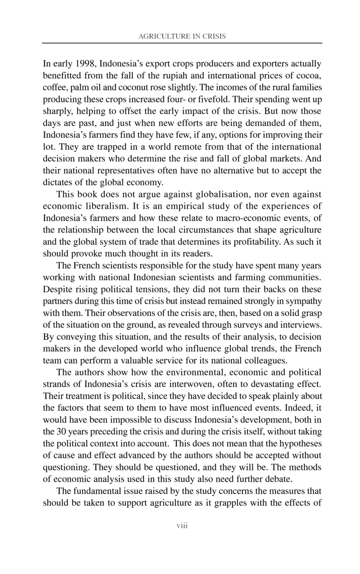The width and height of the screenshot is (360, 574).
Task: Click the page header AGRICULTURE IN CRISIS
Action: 182,36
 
